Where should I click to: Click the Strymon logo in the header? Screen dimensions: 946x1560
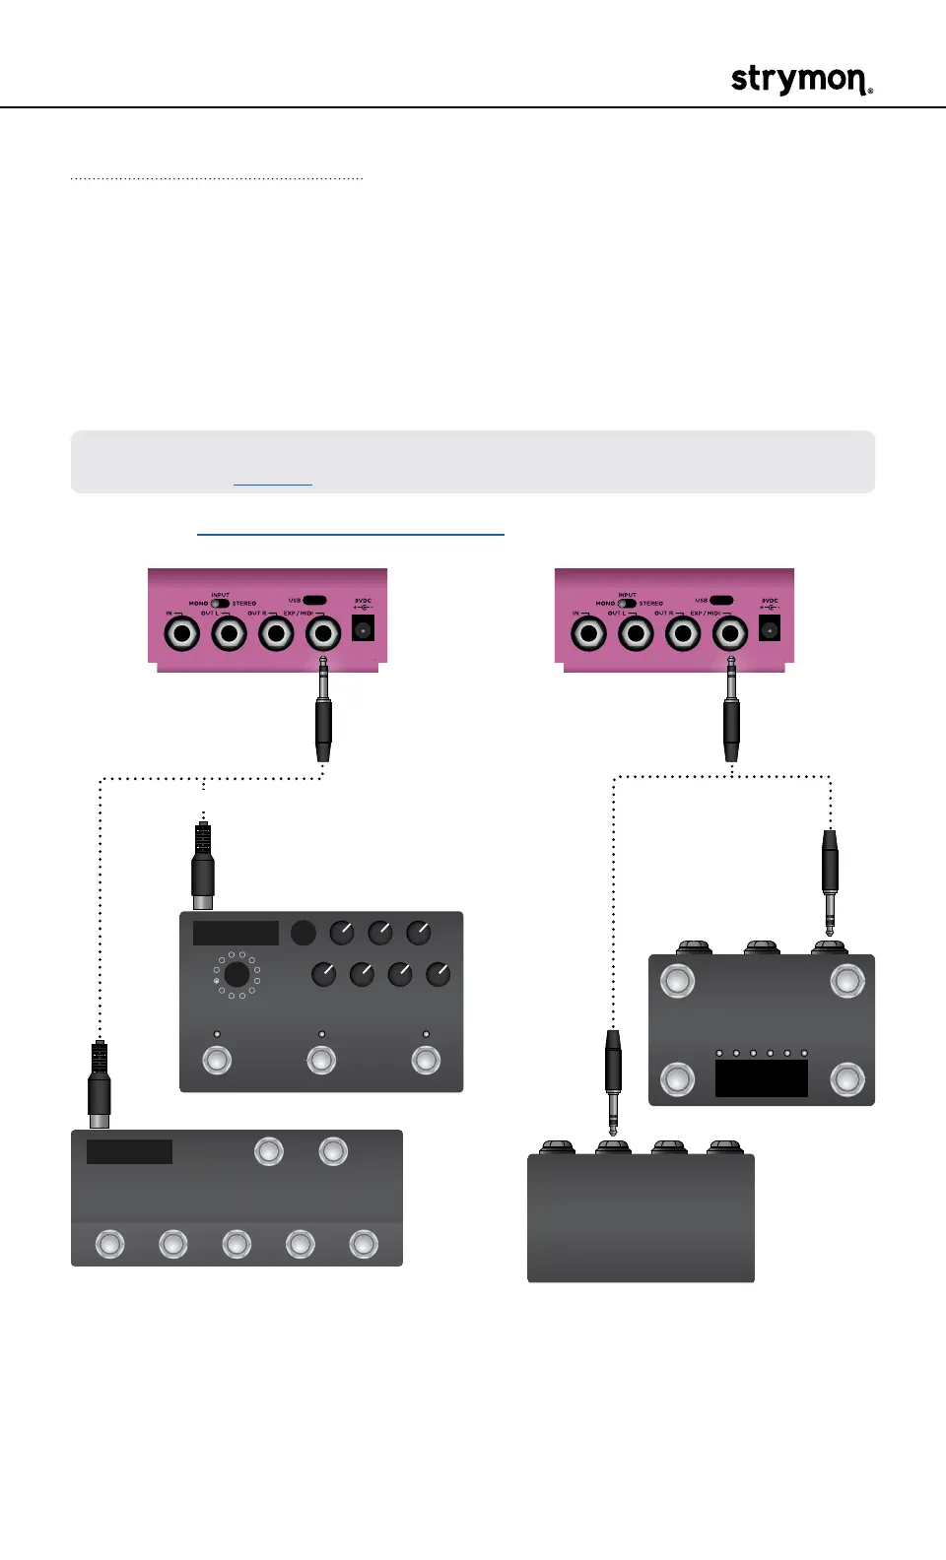801,80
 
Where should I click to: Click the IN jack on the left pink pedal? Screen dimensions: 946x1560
182,632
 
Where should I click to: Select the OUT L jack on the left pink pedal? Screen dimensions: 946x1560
230,632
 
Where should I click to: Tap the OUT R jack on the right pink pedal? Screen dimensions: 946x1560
683,632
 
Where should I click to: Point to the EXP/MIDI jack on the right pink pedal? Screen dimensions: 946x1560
730,632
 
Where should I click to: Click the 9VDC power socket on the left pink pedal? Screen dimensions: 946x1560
363,628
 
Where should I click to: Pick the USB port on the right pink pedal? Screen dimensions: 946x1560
721,600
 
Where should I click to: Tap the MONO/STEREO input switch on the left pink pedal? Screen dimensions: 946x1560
220,604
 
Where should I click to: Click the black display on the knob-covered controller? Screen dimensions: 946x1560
236,933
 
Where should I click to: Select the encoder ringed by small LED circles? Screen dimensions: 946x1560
236,975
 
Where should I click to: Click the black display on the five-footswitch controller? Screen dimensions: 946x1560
129,1151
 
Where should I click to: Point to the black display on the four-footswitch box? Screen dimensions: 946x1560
761,1077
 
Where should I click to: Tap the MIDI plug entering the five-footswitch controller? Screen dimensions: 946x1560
99,1086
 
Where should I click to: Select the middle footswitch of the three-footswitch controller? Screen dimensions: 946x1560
321,1060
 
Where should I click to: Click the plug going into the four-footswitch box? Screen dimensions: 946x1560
830,879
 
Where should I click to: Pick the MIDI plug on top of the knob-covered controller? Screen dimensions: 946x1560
203,865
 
